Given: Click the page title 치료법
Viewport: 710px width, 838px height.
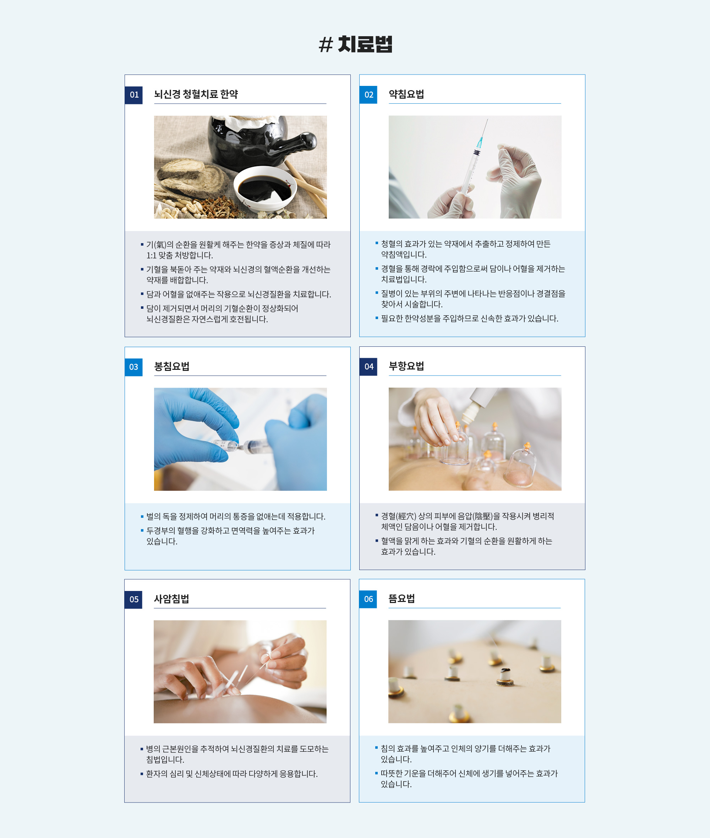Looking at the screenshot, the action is pyautogui.click(x=365, y=44).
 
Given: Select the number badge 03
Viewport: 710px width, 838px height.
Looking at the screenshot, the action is pyautogui.click(x=133, y=367).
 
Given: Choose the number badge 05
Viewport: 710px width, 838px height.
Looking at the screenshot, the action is pyautogui.click(x=133, y=599).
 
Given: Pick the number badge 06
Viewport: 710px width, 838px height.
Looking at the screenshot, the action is pyautogui.click(x=368, y=599).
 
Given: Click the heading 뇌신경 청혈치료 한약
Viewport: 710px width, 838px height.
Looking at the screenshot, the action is pyautogui.click(x=196, y=94).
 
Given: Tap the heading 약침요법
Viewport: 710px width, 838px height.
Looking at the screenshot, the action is pyautogui.click(x=406, y=94).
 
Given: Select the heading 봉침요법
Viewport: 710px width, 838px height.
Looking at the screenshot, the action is pyautogui.click(x=172, y=366).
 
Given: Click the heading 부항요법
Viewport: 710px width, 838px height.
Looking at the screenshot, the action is pyautogui.click(x=406, y=366).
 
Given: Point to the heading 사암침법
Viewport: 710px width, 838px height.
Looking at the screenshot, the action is pyautogui.click(x=171, y=599).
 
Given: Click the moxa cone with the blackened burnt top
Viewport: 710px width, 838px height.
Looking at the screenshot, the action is pyautogui.click(x=505, y=677).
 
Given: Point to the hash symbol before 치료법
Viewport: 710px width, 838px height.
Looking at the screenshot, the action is pyautogui.click(x=326, y=45).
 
